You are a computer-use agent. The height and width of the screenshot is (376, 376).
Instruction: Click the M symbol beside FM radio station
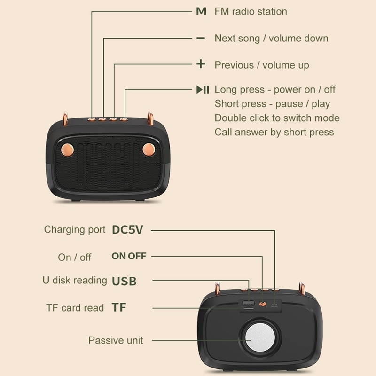click(x=201, y=11)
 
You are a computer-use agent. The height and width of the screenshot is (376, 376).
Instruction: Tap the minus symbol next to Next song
click(x=201, y=38)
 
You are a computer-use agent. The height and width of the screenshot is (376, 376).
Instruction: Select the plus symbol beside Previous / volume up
click(x=201, y=64)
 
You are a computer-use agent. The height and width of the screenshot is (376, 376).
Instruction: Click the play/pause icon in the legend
click(x=203, y=89)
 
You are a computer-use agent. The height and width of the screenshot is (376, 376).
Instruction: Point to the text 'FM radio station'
click(x=251, y=11)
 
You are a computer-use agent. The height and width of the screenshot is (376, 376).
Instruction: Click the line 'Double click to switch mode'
click(x=277, y=117)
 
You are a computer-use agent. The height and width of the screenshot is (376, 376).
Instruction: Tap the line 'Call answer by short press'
click(x=274, y=132)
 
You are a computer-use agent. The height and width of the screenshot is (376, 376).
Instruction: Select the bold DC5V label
click(x=127, y=230)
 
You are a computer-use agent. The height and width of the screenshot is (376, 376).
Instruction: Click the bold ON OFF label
click(x=129, y=256)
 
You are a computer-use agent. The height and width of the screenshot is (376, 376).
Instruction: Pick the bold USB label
click(x=124, y=282)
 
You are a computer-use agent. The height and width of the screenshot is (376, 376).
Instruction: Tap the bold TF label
click(x=119, y=308)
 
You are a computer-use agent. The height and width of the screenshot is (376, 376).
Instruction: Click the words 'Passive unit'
click(x=116, y=340)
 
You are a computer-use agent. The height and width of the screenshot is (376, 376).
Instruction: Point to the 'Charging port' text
click(x=75, y=229)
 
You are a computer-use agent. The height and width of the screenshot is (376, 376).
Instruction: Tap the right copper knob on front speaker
click(x=149, y=150)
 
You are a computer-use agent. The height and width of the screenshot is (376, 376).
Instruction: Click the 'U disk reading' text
click(x=75, y=280)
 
